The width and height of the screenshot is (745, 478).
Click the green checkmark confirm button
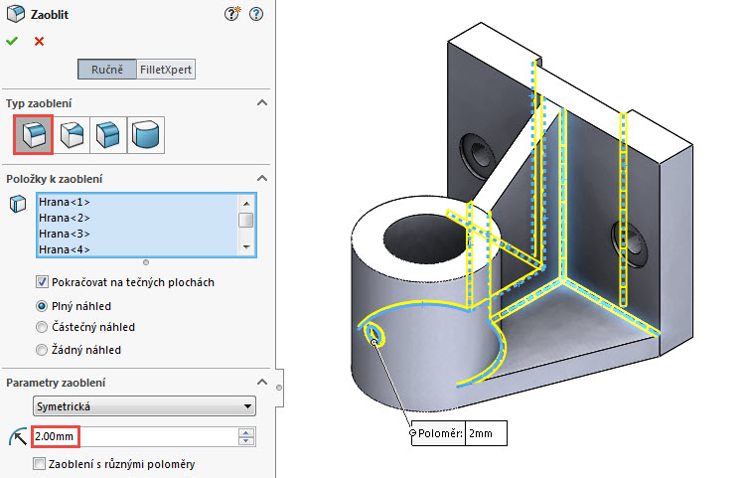click(x=12, y=41)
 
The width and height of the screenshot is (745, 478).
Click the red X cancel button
click(x=39, y=41)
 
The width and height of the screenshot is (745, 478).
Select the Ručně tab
click(x=107, y=70)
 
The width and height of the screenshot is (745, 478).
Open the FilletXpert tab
click(x=166, y=70)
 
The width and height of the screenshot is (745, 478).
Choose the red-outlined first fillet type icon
click(x=33, y=134)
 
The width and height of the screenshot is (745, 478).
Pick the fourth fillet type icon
click(x=146, y=134)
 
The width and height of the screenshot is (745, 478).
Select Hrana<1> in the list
click(x=65, y=203)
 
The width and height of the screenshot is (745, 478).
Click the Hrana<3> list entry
click(x=65, y=234)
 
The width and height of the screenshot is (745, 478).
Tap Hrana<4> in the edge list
click(x=65, y=248)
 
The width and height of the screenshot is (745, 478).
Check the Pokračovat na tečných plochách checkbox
click(x=42, y=282)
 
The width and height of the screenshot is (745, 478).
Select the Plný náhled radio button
click(x=42, y=306)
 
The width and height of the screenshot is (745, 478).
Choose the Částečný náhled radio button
click(x=42, y=327)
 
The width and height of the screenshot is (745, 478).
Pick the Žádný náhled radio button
click(x=42, y=349)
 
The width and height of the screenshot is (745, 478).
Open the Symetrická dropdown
click(x=143, y=406)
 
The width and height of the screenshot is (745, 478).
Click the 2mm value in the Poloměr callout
click(x=486, y=434)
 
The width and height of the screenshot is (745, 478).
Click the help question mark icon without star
click(x=257, y=15)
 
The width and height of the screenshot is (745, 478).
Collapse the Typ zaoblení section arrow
click(x=262, y=103)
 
